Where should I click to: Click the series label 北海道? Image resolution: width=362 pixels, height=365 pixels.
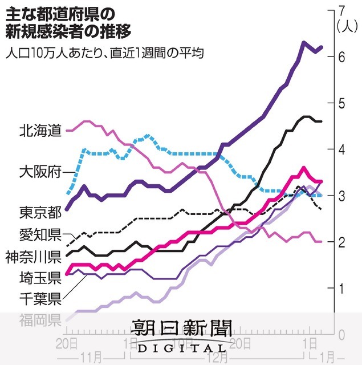tap(39, 131)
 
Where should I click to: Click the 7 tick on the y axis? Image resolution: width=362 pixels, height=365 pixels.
tap(341, 11)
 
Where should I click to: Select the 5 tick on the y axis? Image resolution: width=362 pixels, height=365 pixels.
tap(341, 103)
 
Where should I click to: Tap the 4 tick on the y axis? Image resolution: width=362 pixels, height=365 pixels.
tap(341, 149)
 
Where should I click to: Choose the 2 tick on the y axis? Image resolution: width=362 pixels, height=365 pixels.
tap(341, 242)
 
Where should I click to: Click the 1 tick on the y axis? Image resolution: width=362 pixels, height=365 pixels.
tap(341, 289)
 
